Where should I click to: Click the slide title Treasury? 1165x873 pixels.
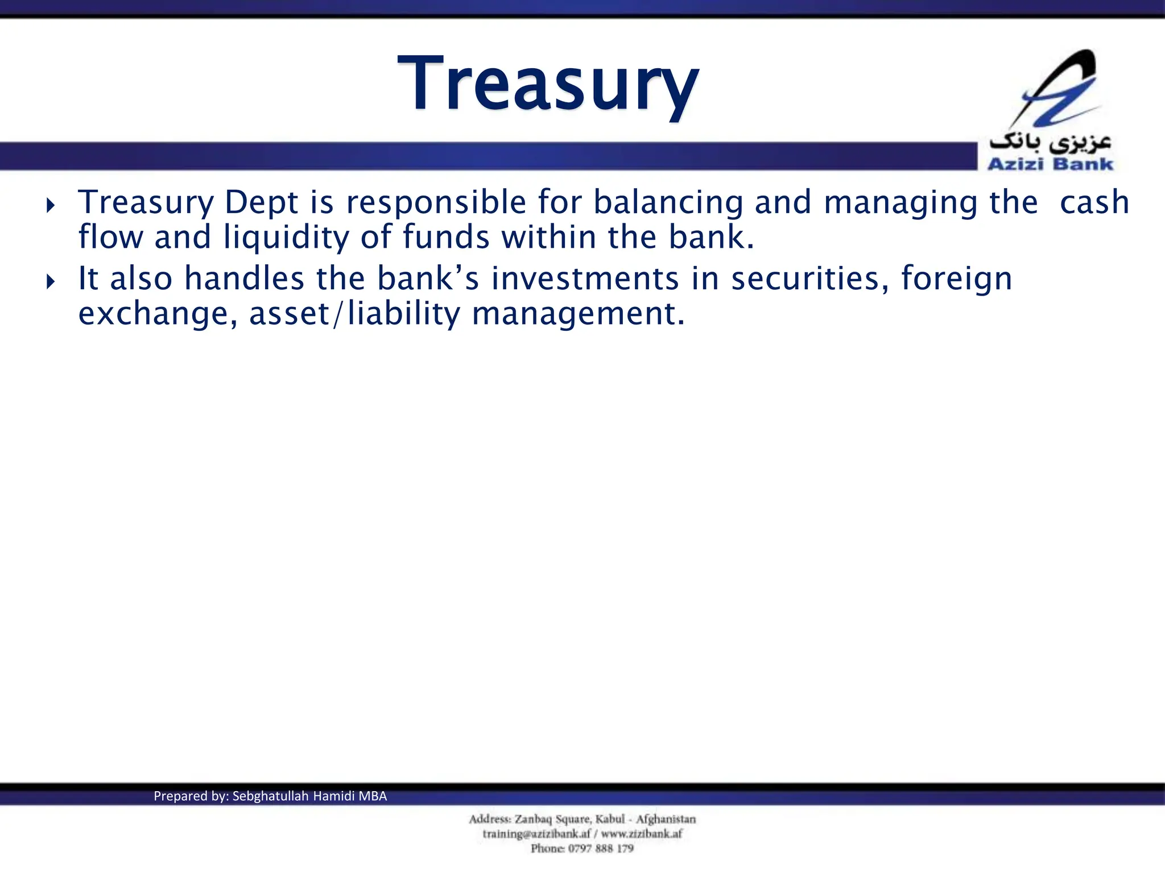(x=547, y=84)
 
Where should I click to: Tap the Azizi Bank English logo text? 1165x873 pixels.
(x=1050, y=164)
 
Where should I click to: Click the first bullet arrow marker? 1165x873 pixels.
(x=51, y=205)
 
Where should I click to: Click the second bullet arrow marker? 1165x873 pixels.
(x=51, y=281)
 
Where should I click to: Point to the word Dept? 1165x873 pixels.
(x=261, y=203)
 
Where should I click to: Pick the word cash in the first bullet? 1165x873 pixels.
(x=1094, y=203)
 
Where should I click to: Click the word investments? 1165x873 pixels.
(x=585, y=279)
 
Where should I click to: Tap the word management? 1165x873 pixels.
(x=578, y=314)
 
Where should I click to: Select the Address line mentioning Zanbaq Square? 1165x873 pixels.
(x=582, y=819)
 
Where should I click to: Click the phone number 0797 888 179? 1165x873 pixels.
(x=601, y=849)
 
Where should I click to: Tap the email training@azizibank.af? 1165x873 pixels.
(x=536, y=834)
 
